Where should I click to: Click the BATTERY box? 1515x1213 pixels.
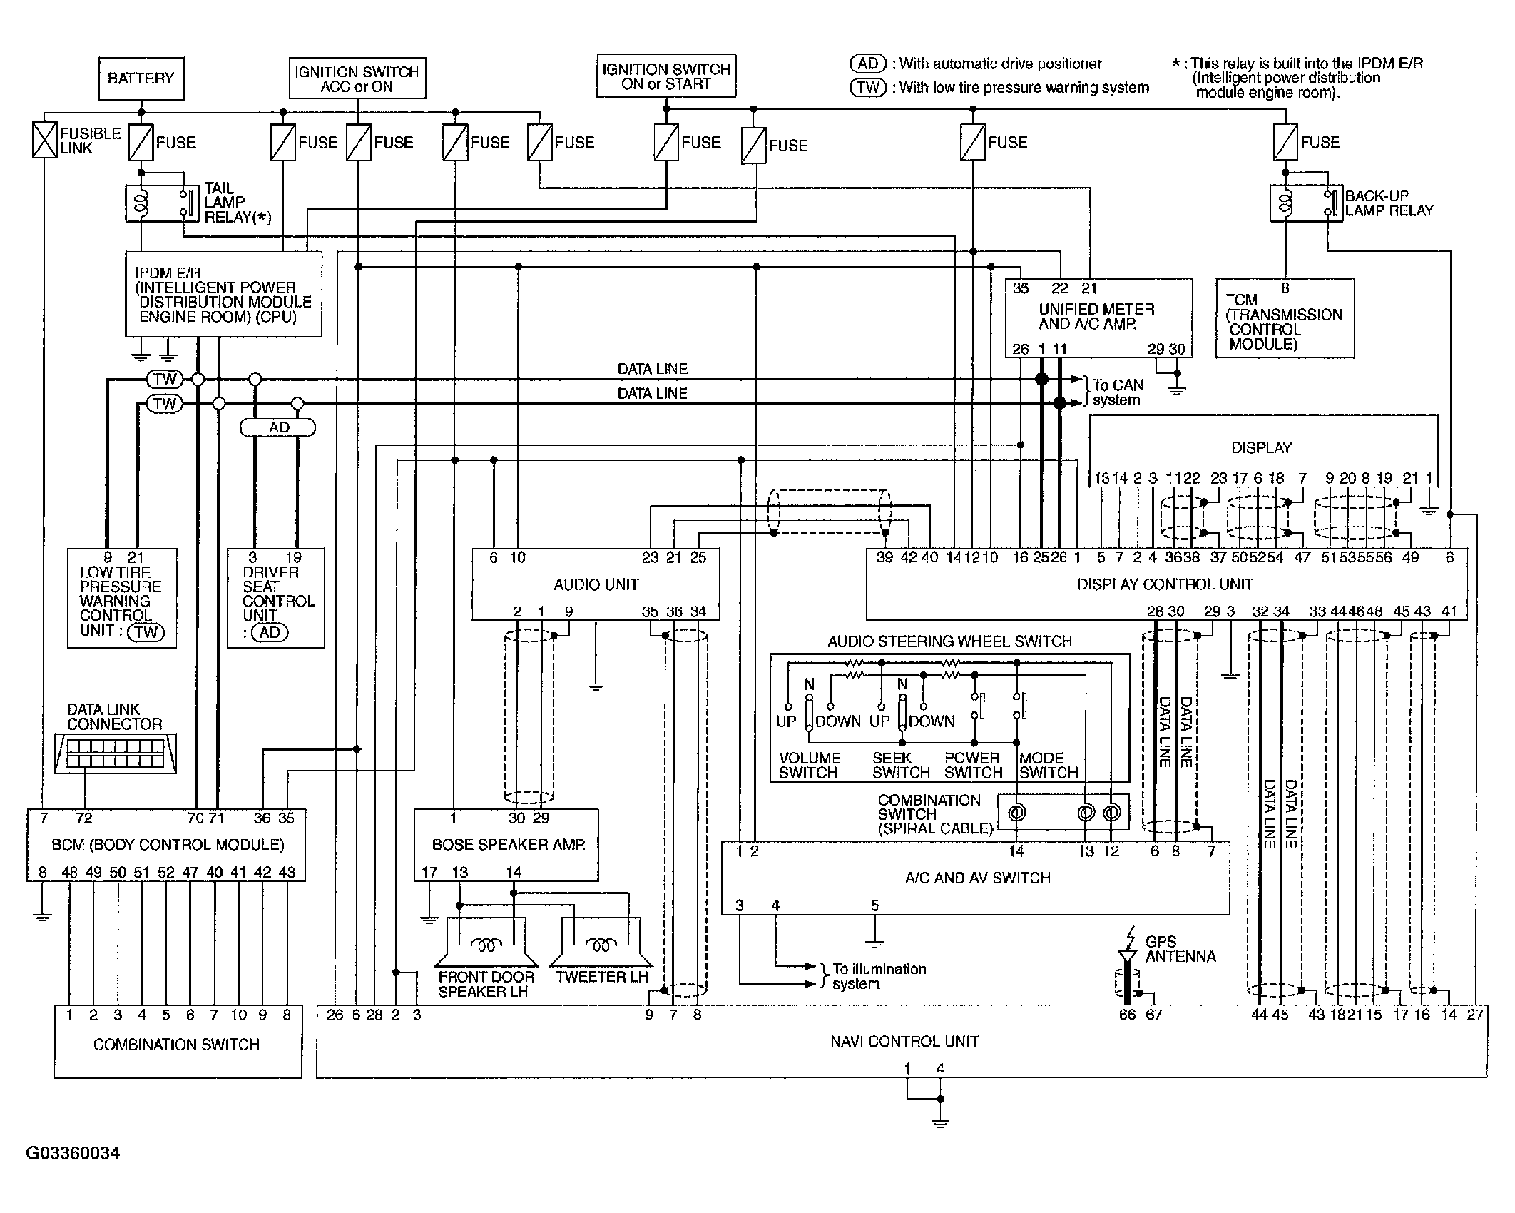(x=141, y=78)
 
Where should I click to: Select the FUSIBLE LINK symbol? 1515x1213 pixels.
(x=44, y=140)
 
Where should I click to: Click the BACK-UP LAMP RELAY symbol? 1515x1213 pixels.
(x=1306, y=203)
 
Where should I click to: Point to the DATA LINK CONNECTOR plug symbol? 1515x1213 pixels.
(x=116, y=753)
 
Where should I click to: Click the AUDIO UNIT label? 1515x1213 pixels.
(x=596, y=584)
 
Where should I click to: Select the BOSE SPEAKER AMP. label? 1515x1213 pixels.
(x=509, y=845)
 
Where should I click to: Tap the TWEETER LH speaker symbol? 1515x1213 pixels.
(x=601, y=942)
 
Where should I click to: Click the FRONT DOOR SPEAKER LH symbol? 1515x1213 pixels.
(x=486, y=942)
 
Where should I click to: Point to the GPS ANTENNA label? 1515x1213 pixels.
(x=1180, y=949)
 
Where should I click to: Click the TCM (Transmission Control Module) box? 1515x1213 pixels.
(x=1285, y=318)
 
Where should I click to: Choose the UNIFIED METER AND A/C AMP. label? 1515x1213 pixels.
(x=1096, y=317)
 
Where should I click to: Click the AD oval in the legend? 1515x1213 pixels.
(x=867, y=64)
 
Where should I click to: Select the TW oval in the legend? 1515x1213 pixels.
(x=867, y=88)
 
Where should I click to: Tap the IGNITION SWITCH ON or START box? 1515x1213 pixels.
(x=666, y=76)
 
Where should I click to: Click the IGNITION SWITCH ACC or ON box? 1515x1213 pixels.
(x=357, y=78)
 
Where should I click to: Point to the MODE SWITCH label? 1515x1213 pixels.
(x=1049, y=765)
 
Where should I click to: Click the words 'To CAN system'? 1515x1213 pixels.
(x=1118, y=392)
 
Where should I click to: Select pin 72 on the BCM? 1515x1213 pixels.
(x=84, y=818)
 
